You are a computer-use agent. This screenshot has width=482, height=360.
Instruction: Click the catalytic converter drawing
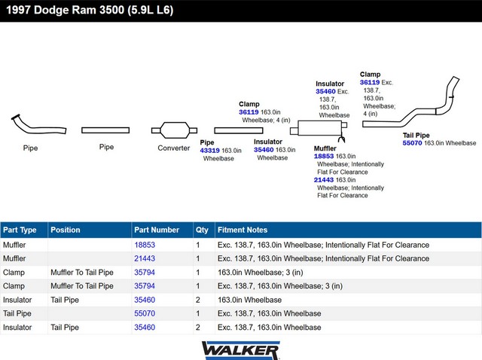(174, 130)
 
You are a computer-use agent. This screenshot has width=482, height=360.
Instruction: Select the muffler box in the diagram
(319, 128)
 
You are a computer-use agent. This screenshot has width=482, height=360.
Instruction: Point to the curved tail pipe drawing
(411, 105)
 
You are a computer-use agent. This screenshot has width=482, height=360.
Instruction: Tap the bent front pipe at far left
(38, 126)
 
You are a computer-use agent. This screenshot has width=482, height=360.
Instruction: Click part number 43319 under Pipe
(209, 151)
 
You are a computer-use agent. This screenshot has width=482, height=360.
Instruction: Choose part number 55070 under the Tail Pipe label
(412, 143)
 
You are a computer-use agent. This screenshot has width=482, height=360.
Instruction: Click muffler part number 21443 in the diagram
(324, 180)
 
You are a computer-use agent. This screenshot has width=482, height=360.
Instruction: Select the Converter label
(174, 148)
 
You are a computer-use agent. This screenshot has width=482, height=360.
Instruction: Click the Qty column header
(202, 230)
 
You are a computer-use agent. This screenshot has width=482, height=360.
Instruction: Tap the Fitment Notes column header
(243, 230)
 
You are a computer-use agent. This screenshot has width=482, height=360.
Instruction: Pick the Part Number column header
(157, 230)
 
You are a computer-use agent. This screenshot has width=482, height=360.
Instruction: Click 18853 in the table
(145, 245)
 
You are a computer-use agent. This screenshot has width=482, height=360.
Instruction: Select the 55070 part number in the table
(145, 313)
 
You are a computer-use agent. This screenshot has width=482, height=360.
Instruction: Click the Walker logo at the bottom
(240, 350)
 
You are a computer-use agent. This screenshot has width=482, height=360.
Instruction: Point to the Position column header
(66, 230)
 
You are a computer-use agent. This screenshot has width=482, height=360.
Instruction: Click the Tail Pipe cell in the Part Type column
(17, 313)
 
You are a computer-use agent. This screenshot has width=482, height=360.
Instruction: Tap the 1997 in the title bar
(18, 10)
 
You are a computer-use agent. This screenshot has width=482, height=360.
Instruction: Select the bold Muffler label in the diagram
(325, 148)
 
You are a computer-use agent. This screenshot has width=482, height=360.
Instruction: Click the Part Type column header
(20, 230)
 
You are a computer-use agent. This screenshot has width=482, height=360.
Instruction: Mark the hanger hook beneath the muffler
(341, 139)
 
